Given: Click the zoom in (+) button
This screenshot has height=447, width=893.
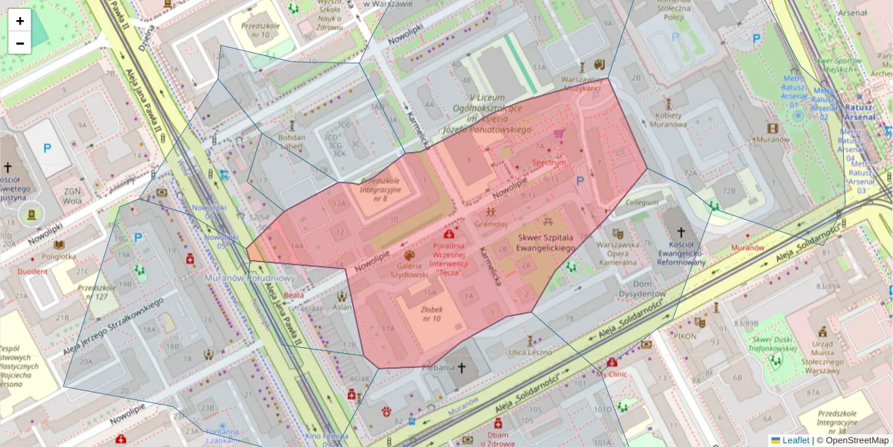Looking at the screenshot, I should [20, 21].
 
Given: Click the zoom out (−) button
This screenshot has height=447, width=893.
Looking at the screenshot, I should [20, 43].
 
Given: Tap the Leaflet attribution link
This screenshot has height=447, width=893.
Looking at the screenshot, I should [796, 440].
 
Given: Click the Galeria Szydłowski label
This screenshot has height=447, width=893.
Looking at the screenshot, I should [412, 269].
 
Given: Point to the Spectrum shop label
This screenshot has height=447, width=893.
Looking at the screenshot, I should [549, 162].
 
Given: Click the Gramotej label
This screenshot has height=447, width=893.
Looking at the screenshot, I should [490, 223].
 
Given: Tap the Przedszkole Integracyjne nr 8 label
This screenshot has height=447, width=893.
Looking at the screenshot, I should [380, 190].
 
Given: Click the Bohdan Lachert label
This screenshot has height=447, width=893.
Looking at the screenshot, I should [292, 142].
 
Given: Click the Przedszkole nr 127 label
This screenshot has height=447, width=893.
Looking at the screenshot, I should [92, 292].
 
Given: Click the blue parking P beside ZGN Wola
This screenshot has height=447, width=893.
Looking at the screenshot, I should [47, 148].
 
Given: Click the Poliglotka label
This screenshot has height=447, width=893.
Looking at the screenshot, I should [59, 256].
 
